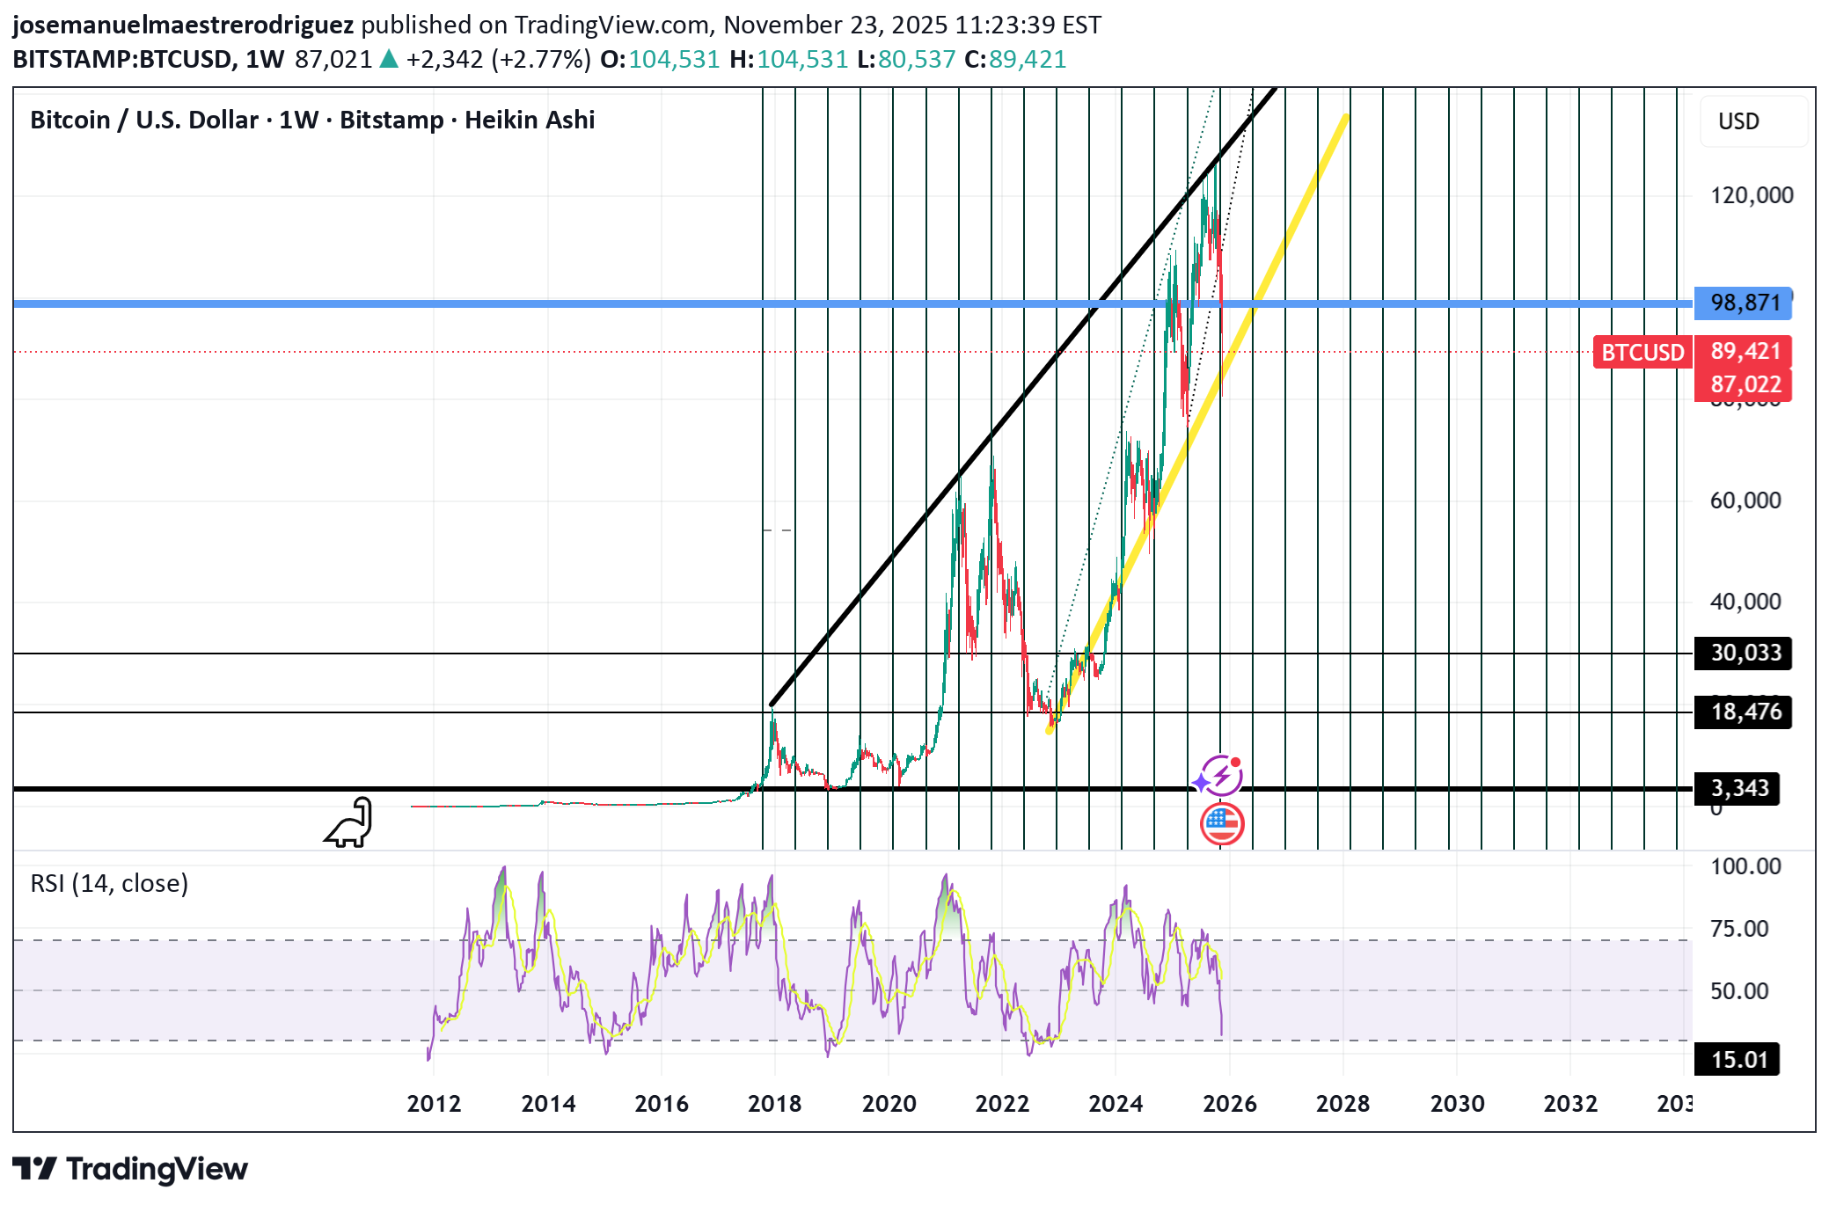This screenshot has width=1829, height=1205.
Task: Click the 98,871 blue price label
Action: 1745,303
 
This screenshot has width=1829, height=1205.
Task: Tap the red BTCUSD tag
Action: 1642,353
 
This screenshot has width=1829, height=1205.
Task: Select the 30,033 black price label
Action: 1745,654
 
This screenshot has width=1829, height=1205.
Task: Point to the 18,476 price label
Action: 1745,712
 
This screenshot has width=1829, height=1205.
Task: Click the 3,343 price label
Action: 1738,788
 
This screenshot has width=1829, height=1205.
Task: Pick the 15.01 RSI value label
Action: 1738,1060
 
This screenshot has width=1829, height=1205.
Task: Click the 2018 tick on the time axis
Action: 774,1104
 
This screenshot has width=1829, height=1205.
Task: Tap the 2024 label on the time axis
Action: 1115,1104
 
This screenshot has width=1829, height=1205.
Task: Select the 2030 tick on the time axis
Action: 1457,1104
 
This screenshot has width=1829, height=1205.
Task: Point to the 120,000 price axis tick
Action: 1751,195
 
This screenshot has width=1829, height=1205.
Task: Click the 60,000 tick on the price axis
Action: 1745,500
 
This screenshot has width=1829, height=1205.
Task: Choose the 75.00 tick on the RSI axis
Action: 1738,929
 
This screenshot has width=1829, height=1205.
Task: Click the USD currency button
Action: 1738,121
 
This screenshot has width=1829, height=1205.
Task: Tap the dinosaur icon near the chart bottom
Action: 350,823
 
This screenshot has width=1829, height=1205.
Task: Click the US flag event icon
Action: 1222,824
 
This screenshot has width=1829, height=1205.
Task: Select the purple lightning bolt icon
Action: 1220,776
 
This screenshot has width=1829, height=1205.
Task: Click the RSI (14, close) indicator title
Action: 109,883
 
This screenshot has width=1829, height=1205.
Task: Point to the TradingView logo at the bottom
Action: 130,1169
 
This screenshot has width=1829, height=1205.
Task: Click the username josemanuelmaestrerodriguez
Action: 183,25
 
